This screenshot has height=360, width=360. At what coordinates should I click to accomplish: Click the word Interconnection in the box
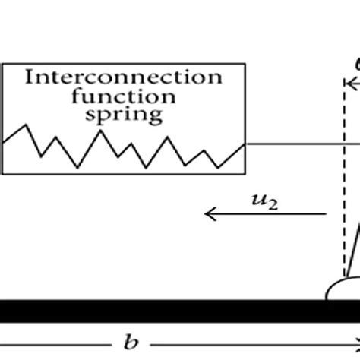(124, 77)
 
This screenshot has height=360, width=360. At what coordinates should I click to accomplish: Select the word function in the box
(124, 96)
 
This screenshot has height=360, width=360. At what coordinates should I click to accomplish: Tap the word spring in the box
(124, 115)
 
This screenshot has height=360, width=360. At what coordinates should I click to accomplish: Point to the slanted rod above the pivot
(352, 243)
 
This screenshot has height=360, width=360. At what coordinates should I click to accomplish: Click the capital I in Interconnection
(28, 77)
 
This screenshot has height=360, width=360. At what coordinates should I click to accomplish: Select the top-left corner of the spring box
(2, 65)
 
